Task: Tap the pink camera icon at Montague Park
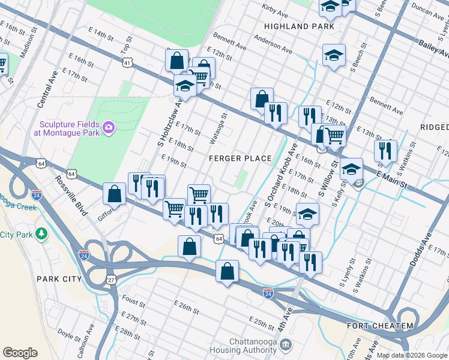pyautogui.click(x=109, y=127)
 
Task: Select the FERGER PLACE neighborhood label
pyautogui.click(x=240, y=158)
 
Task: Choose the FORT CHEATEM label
pyautogui.click(x=380, y=326)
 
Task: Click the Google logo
pyautogui.click(x=20, y=353)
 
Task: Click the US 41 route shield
pyautogui.click(x=127, y=62)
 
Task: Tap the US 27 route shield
pyautogui.click(x=112, y=280)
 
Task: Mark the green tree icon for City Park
pyautogui.click(x=41, y=233)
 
